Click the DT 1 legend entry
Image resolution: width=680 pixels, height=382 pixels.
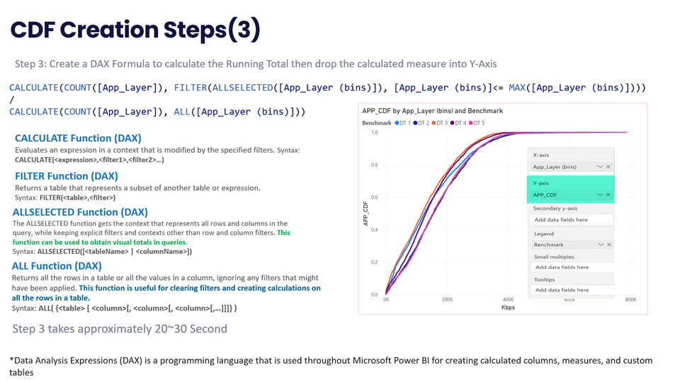[404, 123]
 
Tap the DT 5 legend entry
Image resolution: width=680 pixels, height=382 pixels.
[477, 123]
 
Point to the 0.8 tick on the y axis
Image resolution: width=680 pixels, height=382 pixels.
[373, 165]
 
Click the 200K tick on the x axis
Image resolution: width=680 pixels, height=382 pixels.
[448, 300]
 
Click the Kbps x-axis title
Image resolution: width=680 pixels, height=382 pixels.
[507, 308]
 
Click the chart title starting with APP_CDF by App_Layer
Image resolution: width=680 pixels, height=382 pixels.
[432, 111]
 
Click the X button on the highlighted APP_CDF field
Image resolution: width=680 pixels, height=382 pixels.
[608, 195]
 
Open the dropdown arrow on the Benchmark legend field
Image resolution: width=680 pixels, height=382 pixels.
[600, 245]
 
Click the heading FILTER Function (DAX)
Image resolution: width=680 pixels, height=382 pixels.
[66, 175]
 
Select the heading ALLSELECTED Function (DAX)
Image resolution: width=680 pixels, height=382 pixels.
[80, 212]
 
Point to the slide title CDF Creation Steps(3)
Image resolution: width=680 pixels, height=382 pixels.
[135, 30]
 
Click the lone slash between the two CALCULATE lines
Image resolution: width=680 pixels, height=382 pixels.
[11, 100]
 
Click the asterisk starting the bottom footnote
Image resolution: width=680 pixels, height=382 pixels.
[12, 360]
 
